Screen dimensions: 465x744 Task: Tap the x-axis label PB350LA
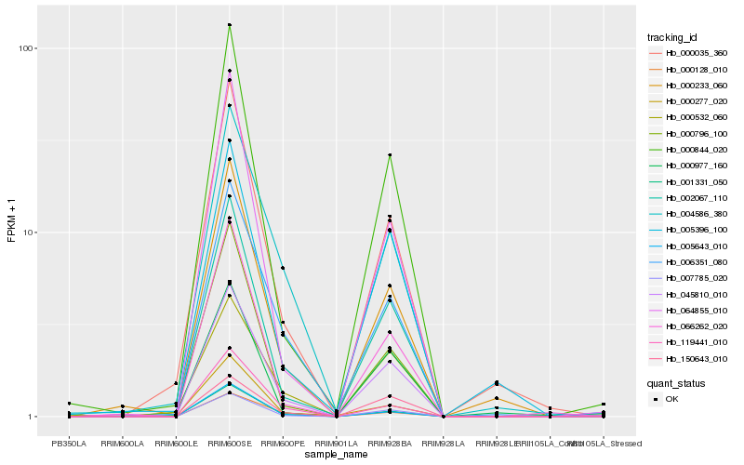(69, 443)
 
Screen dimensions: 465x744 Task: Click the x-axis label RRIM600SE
(229, 443)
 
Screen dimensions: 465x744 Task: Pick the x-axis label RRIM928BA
(389, 443)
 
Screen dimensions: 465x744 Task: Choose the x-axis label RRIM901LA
(336, 443)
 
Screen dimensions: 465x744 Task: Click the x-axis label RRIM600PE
(282, 443)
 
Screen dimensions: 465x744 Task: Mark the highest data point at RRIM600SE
(229, 25)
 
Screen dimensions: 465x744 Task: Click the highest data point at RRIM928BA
(390, 154)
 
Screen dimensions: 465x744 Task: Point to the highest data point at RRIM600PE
(283, 268)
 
